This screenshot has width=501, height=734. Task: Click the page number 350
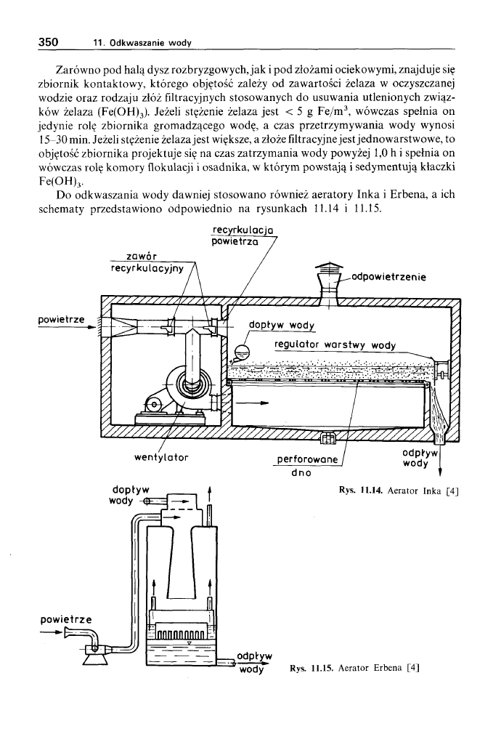point(48,42)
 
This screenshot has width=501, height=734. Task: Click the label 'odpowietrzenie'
point(390,276)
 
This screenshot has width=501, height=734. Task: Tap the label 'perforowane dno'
point(309,465)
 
